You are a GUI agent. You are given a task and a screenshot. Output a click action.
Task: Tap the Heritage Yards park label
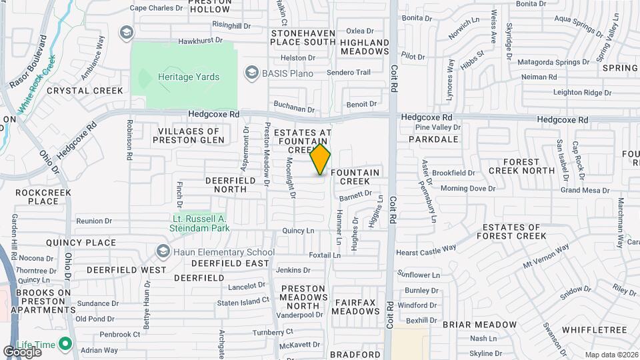pos(189,77)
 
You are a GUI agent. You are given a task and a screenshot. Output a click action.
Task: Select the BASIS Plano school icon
pos(251,72)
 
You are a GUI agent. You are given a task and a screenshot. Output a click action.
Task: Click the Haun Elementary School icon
pos(163,252)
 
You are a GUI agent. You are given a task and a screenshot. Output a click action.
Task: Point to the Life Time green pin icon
pos(65,344)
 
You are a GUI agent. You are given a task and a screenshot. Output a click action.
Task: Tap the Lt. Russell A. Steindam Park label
pos(199,223)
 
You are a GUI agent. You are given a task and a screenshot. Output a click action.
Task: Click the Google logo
pos(22,352)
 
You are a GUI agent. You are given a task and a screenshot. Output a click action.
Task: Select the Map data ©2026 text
pos(611,355)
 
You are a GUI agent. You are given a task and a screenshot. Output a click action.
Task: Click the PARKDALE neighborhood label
pos(433,139)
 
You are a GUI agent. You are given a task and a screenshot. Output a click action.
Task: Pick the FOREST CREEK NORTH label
pos(522,166)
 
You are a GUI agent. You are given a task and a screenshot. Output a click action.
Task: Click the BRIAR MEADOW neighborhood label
pos(479,325)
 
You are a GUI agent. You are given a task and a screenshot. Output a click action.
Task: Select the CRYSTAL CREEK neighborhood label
pos(85,91)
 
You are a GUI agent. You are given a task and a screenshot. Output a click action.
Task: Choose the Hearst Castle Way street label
pos(426,250)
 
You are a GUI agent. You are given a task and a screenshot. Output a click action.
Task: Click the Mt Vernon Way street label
pos(545,256)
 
